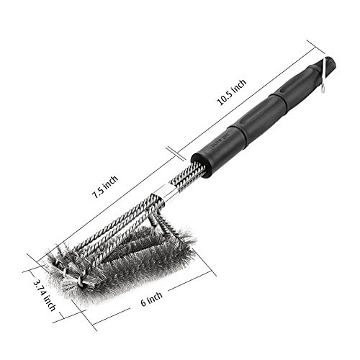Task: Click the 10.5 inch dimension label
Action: (x=232, y=92)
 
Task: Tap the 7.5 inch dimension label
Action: (x=105, y=187)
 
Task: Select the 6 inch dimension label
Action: (x=151, y=299)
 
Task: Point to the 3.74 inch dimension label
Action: (x=45, y=295)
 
